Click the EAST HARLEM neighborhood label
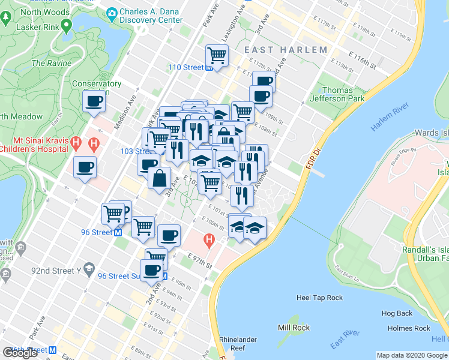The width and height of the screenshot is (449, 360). point(285,50)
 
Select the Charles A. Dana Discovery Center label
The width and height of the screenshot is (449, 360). point(150,16)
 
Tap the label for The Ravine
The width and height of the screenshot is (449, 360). point(47,63)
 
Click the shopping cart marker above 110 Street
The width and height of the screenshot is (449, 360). point(217,56)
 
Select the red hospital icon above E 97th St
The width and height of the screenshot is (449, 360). point(209,242)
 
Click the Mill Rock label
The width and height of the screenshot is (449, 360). point(294,328)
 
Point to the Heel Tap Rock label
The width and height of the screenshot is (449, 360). point(319,298)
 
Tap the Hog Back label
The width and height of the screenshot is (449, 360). point(397,313)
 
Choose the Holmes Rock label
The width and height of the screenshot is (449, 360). point(409,328)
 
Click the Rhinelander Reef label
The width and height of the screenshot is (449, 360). point(238,343)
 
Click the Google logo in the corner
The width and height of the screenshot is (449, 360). point(20,353)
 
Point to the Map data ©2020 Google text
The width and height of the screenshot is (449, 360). point(411,355)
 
